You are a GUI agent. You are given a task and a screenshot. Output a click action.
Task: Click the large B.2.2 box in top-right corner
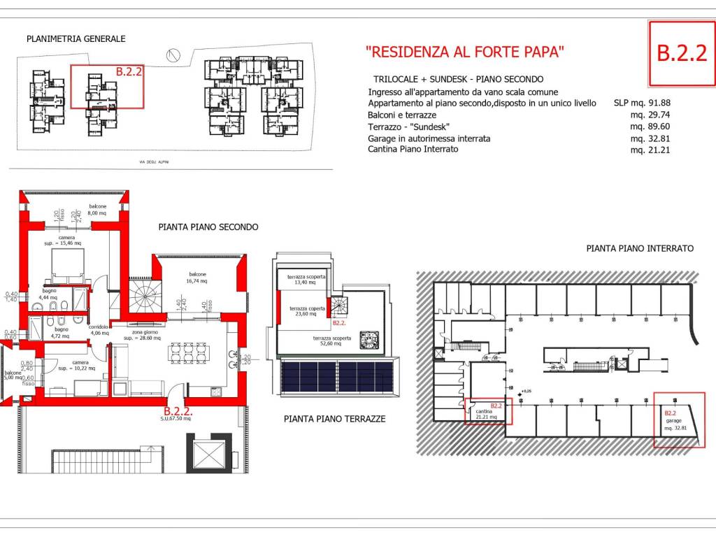[x=681, y=53]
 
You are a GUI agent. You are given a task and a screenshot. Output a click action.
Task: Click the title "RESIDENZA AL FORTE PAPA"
[x=465, y=52]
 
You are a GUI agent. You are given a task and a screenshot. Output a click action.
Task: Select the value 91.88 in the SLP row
[x=656, y=103]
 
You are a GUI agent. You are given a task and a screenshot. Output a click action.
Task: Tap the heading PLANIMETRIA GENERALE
[x=76, y=39]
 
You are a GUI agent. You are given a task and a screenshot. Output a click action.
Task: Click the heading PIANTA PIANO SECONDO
[x=208, y=227]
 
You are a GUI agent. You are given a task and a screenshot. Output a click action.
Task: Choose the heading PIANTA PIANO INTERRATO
[x=640, y=248]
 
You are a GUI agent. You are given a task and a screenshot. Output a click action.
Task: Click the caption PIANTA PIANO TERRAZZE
[x=335, y=420]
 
